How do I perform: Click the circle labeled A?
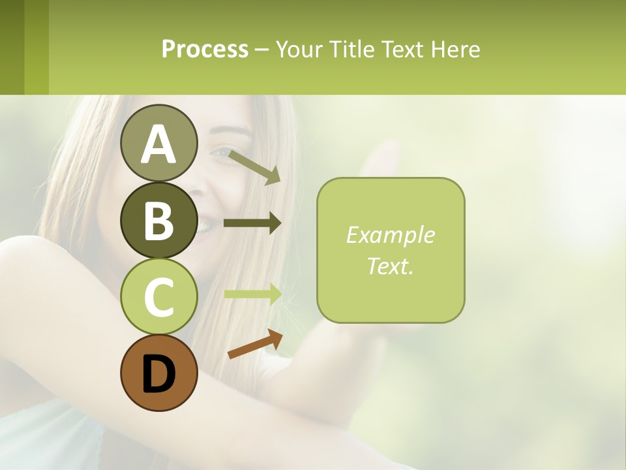(x=158, y=143)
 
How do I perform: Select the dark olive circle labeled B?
(x=158, y=220)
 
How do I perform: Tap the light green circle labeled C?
(x=158, y=296)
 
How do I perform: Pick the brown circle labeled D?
(x=158, y=373)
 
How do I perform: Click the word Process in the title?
(x=205, y=49)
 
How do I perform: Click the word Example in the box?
(x=390, y=235)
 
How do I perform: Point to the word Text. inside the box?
(x=390, y=266)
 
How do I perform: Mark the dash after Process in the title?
(x=261, y=50)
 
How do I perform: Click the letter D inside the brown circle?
(x=158, y=374)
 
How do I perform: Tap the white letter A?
(x=158, y=144)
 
